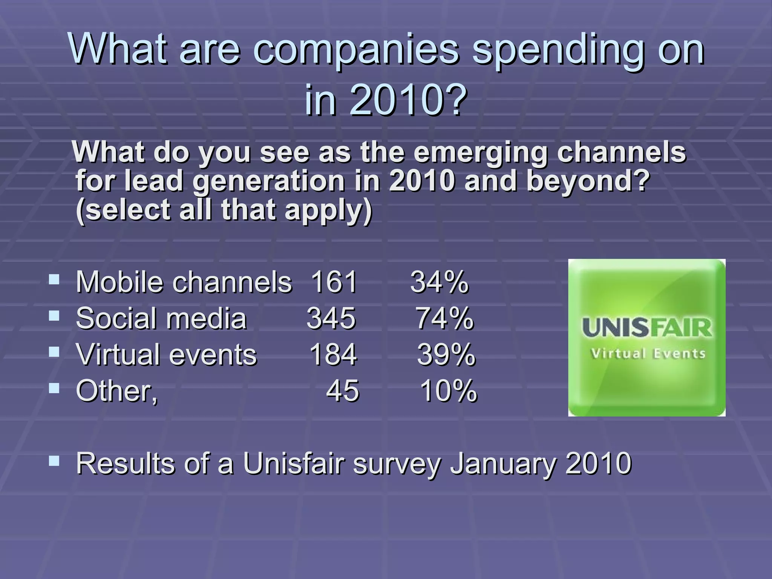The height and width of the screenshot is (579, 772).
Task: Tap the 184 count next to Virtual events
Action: pos(333,355)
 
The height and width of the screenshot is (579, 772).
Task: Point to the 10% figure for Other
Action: pos(448,391)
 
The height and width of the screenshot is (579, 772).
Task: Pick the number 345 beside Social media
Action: pos(331,319)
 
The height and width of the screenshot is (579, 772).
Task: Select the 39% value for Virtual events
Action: pos(446,355)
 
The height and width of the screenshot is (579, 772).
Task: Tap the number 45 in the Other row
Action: pos(342,391)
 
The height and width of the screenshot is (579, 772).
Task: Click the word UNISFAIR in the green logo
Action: pos(647,328)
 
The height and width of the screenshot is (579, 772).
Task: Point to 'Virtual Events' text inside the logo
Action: pos(648,354)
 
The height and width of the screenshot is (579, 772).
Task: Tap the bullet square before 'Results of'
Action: pos(54,460)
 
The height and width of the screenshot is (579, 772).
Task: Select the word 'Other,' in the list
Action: pos(117,391)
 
